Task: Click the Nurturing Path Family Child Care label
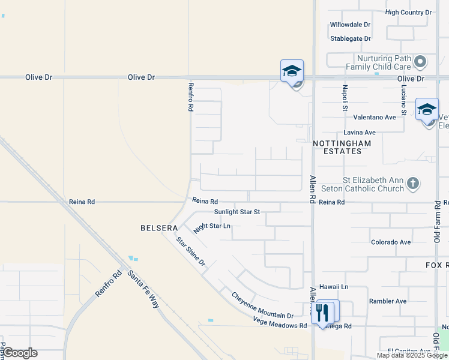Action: pos(376,62)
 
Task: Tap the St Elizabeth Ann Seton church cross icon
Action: pos(412,182)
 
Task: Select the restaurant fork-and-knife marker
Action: pos(322,312)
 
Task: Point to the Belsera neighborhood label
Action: pos(159,228)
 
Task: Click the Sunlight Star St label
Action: pos(237,212)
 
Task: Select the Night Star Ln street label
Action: pos(212,227)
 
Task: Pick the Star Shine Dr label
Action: pos(190,251)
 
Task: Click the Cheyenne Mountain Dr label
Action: pos(262,305)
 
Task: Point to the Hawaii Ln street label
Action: pos(334,287)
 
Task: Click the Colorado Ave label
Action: pos(391,242)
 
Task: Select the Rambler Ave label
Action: pos(388,301)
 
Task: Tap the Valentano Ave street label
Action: pos(375,117)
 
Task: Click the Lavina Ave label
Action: pos(360,132)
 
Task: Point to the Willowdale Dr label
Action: pos(350,25)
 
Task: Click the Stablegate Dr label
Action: pos(350,38)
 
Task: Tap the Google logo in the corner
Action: pos(20,353)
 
